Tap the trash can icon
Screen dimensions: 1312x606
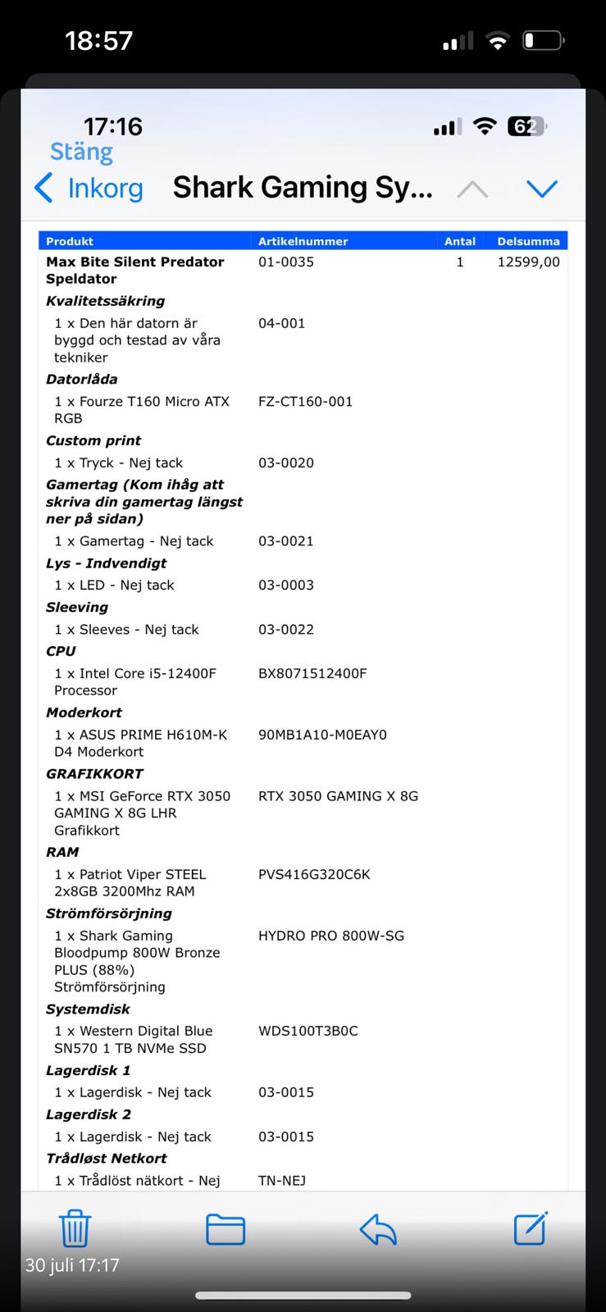75,1228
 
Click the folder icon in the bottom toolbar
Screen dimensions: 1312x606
226,1229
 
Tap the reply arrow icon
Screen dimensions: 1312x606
378,1229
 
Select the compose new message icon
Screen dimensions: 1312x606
531,1228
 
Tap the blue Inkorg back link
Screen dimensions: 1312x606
90,188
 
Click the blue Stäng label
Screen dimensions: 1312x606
81,152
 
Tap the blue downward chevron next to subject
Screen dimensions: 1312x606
542,189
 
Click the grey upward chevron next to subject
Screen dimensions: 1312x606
472,189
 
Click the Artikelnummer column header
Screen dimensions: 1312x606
303,241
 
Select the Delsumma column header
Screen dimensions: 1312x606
528,241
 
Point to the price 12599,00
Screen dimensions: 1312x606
528,262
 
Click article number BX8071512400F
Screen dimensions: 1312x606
312,673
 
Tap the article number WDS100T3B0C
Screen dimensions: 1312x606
308,1031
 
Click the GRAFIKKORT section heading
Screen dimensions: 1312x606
94,773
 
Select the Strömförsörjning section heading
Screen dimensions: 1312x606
109,913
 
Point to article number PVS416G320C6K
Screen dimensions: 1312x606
314,874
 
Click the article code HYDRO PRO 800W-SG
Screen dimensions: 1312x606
330,936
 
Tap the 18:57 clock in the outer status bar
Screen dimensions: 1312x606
98,40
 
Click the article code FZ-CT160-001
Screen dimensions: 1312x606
305,401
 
